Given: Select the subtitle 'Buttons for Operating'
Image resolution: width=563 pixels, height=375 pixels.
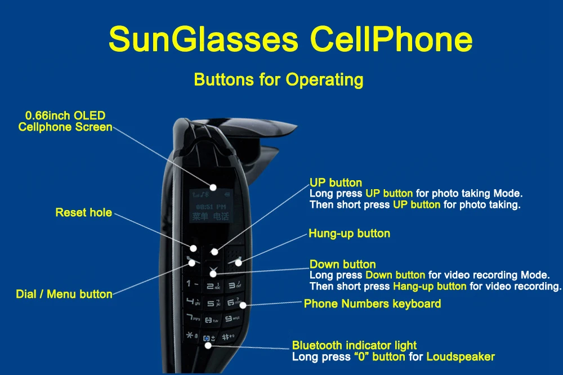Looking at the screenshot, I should (x=279, y=79).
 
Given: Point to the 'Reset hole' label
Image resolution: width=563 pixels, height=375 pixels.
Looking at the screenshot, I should (x=83, y=213).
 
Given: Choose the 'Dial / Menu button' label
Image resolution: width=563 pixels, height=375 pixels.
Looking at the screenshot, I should (x=64, y=294).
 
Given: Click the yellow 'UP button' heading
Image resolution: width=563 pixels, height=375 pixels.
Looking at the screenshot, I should (x=336, y=183).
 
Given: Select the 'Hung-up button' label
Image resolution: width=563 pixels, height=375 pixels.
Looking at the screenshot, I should (x=349, y=233).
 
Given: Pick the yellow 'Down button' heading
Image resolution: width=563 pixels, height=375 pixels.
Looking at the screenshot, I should (x=342, y=264).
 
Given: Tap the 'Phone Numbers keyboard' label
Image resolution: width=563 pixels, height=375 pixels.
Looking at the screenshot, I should (x=372, y=304).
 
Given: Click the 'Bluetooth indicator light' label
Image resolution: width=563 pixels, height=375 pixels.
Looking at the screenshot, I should (x=354, y=346).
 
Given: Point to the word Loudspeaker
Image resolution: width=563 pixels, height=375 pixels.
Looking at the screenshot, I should (x=461, y=357).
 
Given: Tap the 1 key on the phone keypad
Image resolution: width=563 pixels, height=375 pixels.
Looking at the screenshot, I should (x=193, y=284).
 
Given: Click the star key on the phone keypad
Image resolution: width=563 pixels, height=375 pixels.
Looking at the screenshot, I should (x=193, y=336).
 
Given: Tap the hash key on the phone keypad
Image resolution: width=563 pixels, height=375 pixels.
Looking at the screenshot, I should (x=229, y=337).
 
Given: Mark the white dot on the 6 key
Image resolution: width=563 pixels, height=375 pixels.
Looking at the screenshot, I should (x=243, y=305).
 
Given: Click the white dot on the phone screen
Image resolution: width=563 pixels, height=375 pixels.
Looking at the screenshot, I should (x=213, y=187).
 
